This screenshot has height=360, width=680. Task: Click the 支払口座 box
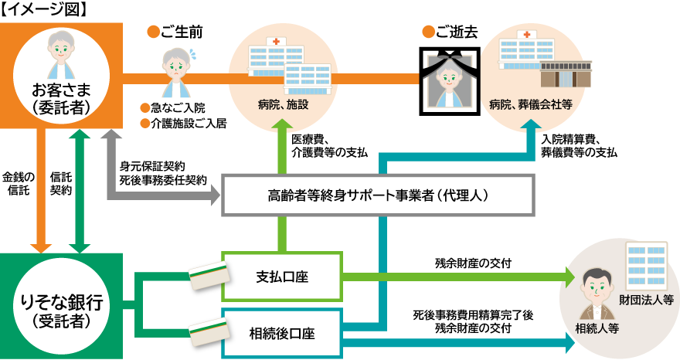pyautogui.click(x=281, y=276)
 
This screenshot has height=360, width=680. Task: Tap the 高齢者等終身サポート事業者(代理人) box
pyautogui.click(x=378, y=195)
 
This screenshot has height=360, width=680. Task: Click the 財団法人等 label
pyautogui.click(x=647, y=299)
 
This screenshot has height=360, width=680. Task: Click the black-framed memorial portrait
pyautogui.click(x=450, y=77)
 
